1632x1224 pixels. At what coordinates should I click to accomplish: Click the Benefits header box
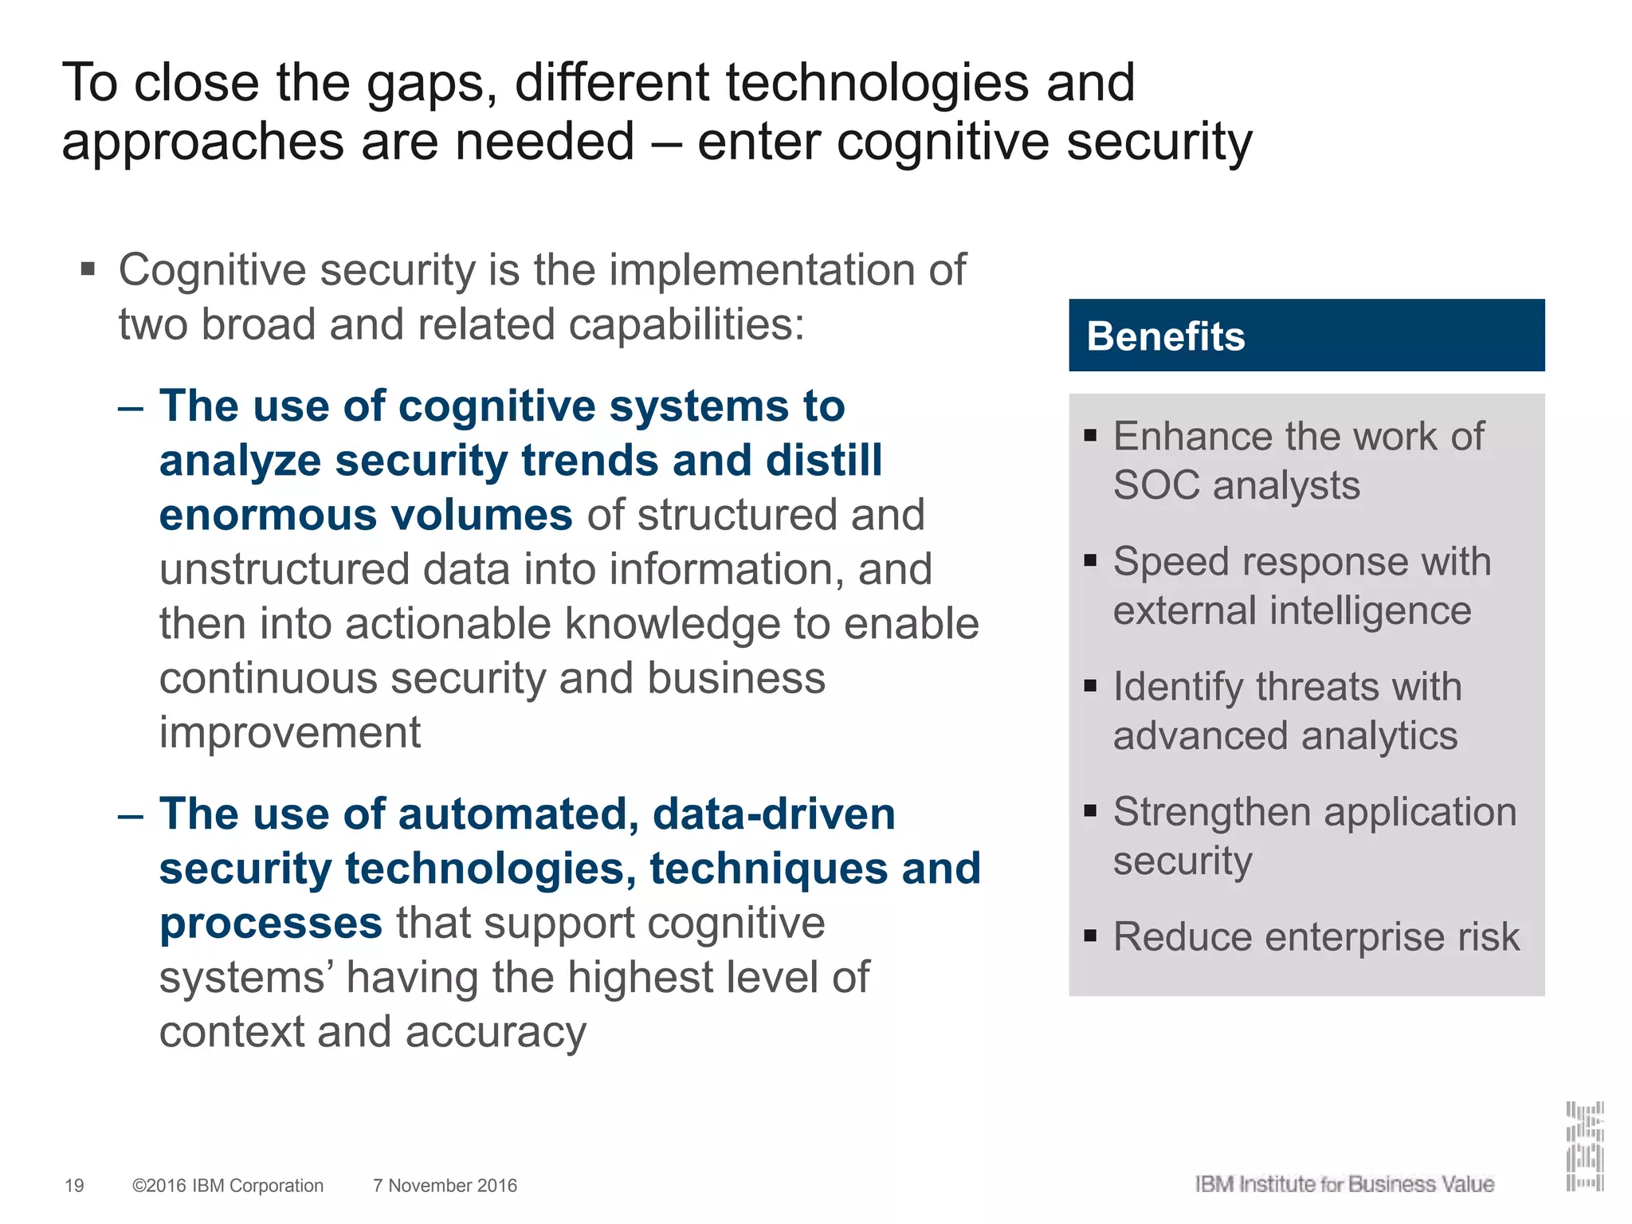coord(1306,335)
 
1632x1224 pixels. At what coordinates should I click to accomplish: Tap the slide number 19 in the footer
coord(74,1186)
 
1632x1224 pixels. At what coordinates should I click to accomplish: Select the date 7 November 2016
coord(445,1186)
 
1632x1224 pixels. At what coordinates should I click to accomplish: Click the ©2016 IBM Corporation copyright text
coord(228,1186)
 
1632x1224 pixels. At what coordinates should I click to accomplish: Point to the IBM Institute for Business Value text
coord(1344,1184)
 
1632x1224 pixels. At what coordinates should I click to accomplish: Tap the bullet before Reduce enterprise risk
coord(1091,935)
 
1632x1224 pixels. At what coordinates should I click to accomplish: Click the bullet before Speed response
coord(1091,560)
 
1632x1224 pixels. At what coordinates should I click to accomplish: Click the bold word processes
coord(271,924)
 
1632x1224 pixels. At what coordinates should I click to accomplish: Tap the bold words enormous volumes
coord(366,515)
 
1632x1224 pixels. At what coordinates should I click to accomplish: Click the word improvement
coord(290,732)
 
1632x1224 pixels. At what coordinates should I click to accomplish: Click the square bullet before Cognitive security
coord(88,269)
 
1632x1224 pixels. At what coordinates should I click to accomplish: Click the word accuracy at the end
coord(496,1033)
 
